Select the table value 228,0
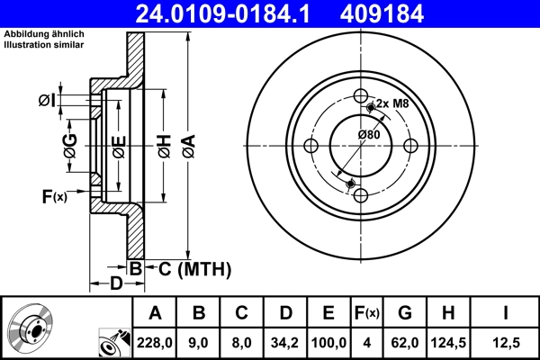click(x=155, y=340)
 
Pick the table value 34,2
click(x=284, y=340)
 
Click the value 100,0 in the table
click(x=328, y=340)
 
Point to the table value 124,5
click(x=449, y=340)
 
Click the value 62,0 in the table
click(x=404, y=340)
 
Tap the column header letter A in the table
click(x=155, y=312)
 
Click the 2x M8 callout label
click(x=392, y=103)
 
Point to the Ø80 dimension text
click(x=368, y=135)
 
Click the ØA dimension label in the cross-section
click(x=187, y=145)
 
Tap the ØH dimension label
click(x=164, y=145)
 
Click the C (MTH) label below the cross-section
click(x=194, y=268)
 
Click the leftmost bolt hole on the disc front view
click(x=311, y=146)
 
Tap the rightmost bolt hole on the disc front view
click(x=409, y=146)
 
